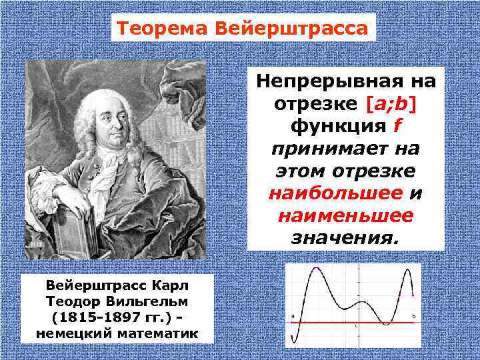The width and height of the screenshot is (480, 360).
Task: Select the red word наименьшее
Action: coord(345,215)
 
